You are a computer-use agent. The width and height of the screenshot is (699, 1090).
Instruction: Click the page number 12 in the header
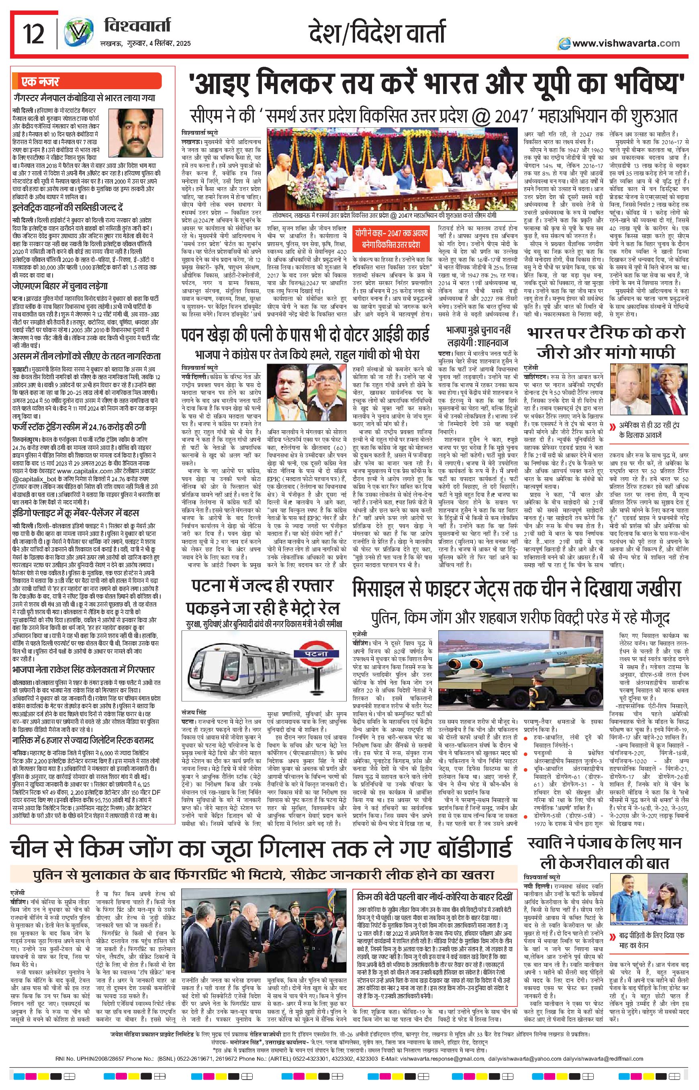click(x=35, y=35)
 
